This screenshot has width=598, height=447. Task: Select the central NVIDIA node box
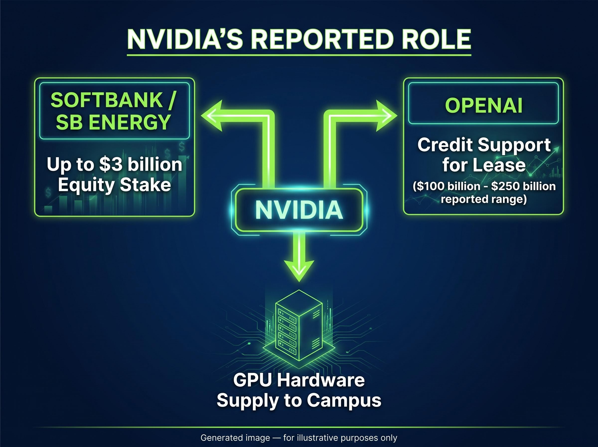(x=299, y=210)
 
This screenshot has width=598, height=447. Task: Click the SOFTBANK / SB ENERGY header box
(x=115, y=111)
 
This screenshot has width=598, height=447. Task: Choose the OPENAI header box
(x=483, y=103)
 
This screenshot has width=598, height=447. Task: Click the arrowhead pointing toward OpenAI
(x=387, y=116)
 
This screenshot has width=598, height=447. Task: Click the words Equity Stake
(x=115, y=185)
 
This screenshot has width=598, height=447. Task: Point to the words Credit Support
(x=484, y=145)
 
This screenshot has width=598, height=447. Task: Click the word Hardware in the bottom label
(x=321, y=380)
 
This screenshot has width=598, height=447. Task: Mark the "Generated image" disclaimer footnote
(x=299, y=438)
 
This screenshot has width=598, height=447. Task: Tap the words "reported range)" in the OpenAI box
(x=484, y=199)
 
